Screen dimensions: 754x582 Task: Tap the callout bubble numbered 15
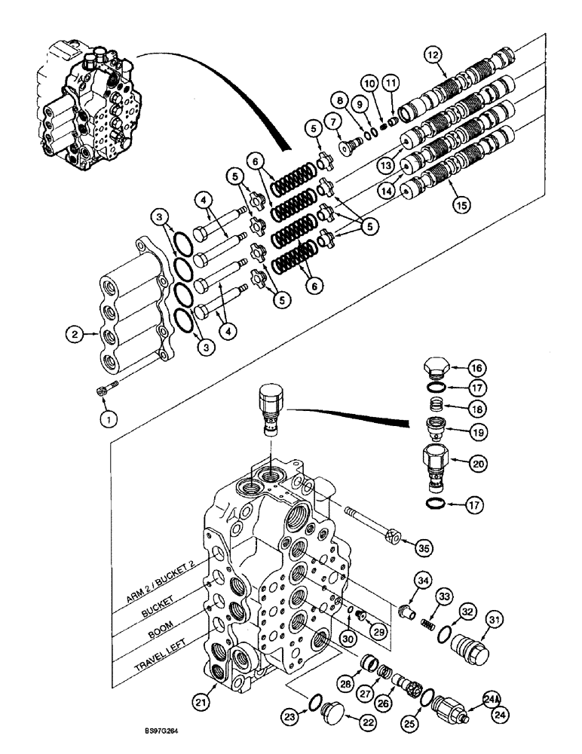455,202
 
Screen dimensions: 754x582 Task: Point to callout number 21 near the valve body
201,703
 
